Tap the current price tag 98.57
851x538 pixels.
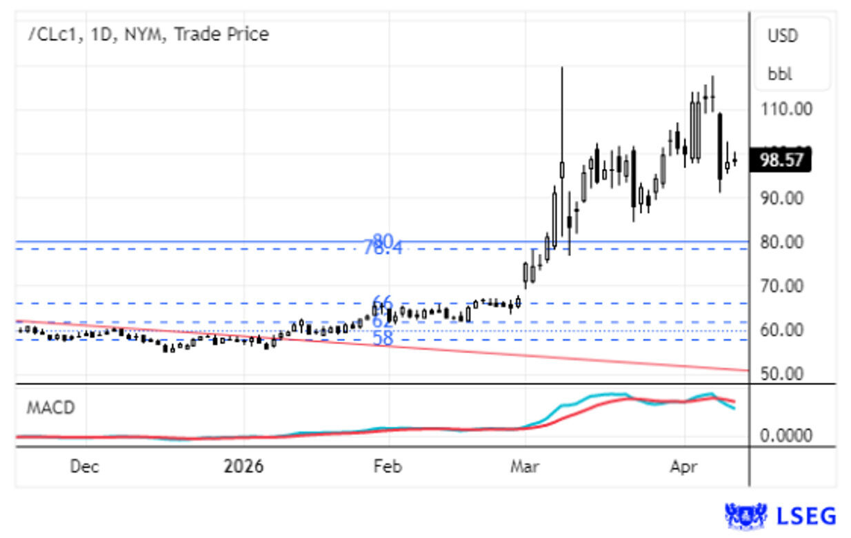click(x=782, y=161)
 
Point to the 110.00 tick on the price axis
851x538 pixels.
click(x=785, y=109)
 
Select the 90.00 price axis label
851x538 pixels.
click(x=782, y=198)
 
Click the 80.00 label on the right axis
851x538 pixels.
click(x=782, y=242)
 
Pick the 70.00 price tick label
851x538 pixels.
click(x=782, y=286)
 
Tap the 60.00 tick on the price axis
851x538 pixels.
click(x=782, y=330)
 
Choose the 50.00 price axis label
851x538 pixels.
click(x=782, y=374)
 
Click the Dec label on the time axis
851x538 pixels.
click(x=84, y=467)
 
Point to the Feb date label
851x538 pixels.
click(x=387, y=467)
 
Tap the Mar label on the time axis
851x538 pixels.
click(x=524, y=467)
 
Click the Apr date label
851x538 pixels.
click(x=683, y=467)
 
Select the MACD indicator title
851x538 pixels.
click(x=50, y=408)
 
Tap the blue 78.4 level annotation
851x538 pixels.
click(x=383, y=249)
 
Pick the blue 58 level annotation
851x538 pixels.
click(x=383, y=339)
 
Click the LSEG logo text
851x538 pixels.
click(x=806, y=516)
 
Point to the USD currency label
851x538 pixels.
click(x=783, y=36)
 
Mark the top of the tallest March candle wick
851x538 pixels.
click(x=562, y=68)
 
